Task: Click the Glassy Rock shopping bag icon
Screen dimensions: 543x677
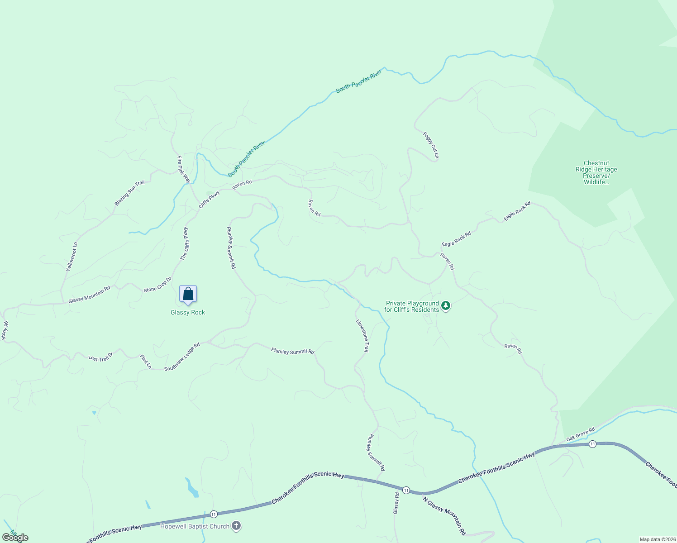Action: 188,294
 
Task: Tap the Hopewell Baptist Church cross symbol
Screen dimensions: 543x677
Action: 236,526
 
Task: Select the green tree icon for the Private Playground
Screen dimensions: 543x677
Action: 446,306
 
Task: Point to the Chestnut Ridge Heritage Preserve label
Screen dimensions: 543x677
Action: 596,172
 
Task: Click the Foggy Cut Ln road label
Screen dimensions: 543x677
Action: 431,145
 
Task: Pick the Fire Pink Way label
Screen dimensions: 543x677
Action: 184,169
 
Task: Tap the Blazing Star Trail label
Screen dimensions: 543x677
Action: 129,193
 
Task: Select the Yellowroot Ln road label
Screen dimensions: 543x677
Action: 72,257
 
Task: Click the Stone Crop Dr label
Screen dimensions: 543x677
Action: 157,285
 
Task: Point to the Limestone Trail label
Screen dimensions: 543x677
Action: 362,336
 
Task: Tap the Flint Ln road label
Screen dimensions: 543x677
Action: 146,362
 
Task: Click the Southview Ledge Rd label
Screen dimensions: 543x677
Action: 182,357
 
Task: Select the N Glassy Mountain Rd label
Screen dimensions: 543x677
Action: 444,516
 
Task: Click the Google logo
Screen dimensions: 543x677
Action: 15,538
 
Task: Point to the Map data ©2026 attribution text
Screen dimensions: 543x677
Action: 657,539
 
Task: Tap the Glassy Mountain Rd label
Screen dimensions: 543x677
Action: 89,295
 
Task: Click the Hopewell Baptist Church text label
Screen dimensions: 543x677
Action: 195,526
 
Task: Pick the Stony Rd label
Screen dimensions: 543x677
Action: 5,331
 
